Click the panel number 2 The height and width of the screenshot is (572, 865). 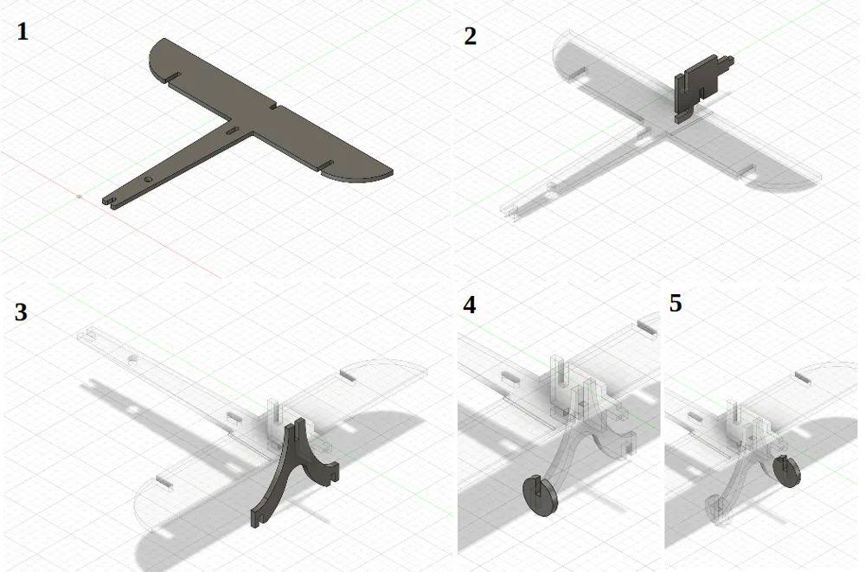pyautogui.click(x=470, y=36)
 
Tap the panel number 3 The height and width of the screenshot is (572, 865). pyautogui.click(x=21, y=312)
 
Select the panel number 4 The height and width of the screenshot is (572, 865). pyautogui.click(x=470, y=305)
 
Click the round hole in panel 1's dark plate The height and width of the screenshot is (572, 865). pyautogui.click(x=148, y=178)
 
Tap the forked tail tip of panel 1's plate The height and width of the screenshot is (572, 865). pyautogui.click(x=108, y=201)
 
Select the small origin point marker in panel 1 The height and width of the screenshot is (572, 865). pyautogui.click(x=80, y=196)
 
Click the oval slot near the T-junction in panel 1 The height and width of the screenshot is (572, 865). pyautogui.click(x=231, y=130)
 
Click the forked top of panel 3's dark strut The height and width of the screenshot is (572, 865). pyautogui.click(x=299, y=428)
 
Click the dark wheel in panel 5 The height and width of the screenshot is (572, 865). pyautogui.click(x=785, y=472)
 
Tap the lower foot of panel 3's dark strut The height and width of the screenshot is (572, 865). pyautogui.click(x=256, y=518)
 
